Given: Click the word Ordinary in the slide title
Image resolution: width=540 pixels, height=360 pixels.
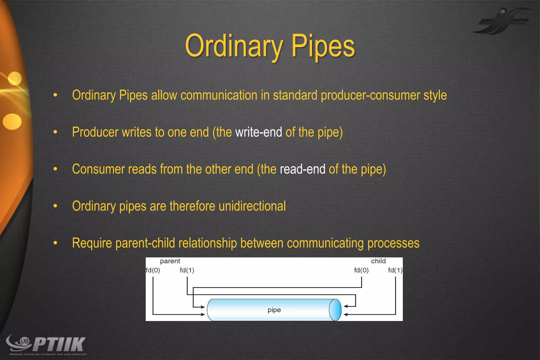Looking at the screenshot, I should (x=234, y=46).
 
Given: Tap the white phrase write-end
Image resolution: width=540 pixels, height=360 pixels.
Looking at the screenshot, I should (x=258, y=132).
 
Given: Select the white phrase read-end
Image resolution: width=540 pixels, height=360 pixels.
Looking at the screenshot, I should (x=302, y=169).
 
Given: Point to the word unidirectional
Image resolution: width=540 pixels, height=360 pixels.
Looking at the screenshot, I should (x=252, y=206).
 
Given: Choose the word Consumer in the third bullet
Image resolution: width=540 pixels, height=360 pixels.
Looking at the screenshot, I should (x=98, y=169).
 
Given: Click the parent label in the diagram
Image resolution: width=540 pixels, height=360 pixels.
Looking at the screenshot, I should (x=170, y=261).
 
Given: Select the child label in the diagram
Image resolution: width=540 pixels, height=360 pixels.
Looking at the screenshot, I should (x=378, y=261).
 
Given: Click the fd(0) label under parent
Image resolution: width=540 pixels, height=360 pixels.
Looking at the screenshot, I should (x=153, y=270).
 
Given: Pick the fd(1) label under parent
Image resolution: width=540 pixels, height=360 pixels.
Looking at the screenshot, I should (x=187, y=270).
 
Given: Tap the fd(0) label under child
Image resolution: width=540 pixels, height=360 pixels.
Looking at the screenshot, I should (x=361, y=270).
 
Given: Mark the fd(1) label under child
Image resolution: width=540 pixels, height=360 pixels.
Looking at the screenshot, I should (x=395, y=270).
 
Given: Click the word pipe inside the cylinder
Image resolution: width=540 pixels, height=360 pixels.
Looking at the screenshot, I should (x=274, y=310).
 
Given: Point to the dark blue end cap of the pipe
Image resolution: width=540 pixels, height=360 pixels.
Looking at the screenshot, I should (x=335, y=310).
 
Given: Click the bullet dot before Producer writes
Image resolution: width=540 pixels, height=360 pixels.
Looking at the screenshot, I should (x=55, y=132).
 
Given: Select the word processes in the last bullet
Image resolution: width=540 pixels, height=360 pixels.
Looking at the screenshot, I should (x=393, y=243).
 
